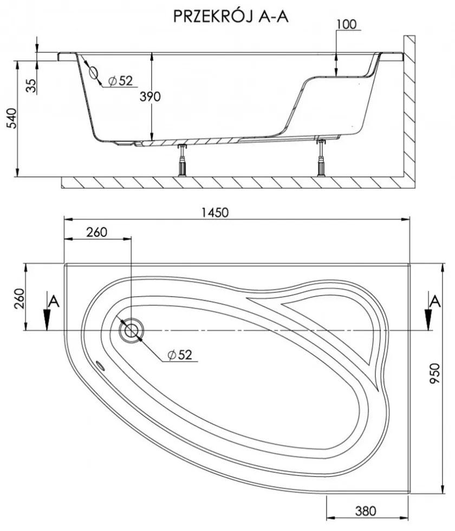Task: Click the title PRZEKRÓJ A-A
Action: tap(231, 16)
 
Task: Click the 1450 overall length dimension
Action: tap(215, 212)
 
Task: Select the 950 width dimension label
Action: tap(434, 373)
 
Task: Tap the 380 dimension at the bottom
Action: tap(366, 510)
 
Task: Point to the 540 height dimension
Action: tap(12, 118)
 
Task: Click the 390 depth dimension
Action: tap(151, 97)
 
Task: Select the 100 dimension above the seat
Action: tap(347, 24)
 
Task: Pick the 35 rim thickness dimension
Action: tap(31, 86)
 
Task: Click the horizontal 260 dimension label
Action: tap(96, 232)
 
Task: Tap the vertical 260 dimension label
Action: tap(19, 298)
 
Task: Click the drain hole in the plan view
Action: tap(131, 330)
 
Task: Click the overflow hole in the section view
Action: tap(93, 73)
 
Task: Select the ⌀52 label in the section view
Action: tap(120, 81)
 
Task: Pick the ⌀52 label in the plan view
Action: tap(180, 354)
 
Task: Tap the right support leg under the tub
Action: tap(321, 157)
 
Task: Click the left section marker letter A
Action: tap(54, 301)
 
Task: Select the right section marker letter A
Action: tap(435, 301)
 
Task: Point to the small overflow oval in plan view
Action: tap(100, 365)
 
